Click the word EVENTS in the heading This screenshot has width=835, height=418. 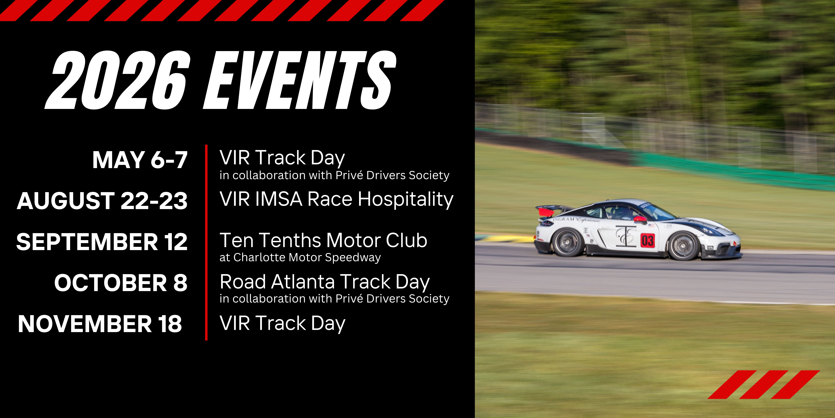[300, 80]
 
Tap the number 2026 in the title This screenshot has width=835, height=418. [117, 80]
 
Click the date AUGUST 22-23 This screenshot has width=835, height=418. [102, 201]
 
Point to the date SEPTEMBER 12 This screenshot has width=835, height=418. [102, 242]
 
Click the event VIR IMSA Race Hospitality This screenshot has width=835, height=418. [337, 199]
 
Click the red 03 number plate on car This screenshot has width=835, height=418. [647, 240]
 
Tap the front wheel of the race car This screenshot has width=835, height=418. [683, 246]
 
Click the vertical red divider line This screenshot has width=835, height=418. [206, 242]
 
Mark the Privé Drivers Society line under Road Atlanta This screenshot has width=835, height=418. [334, 299]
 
